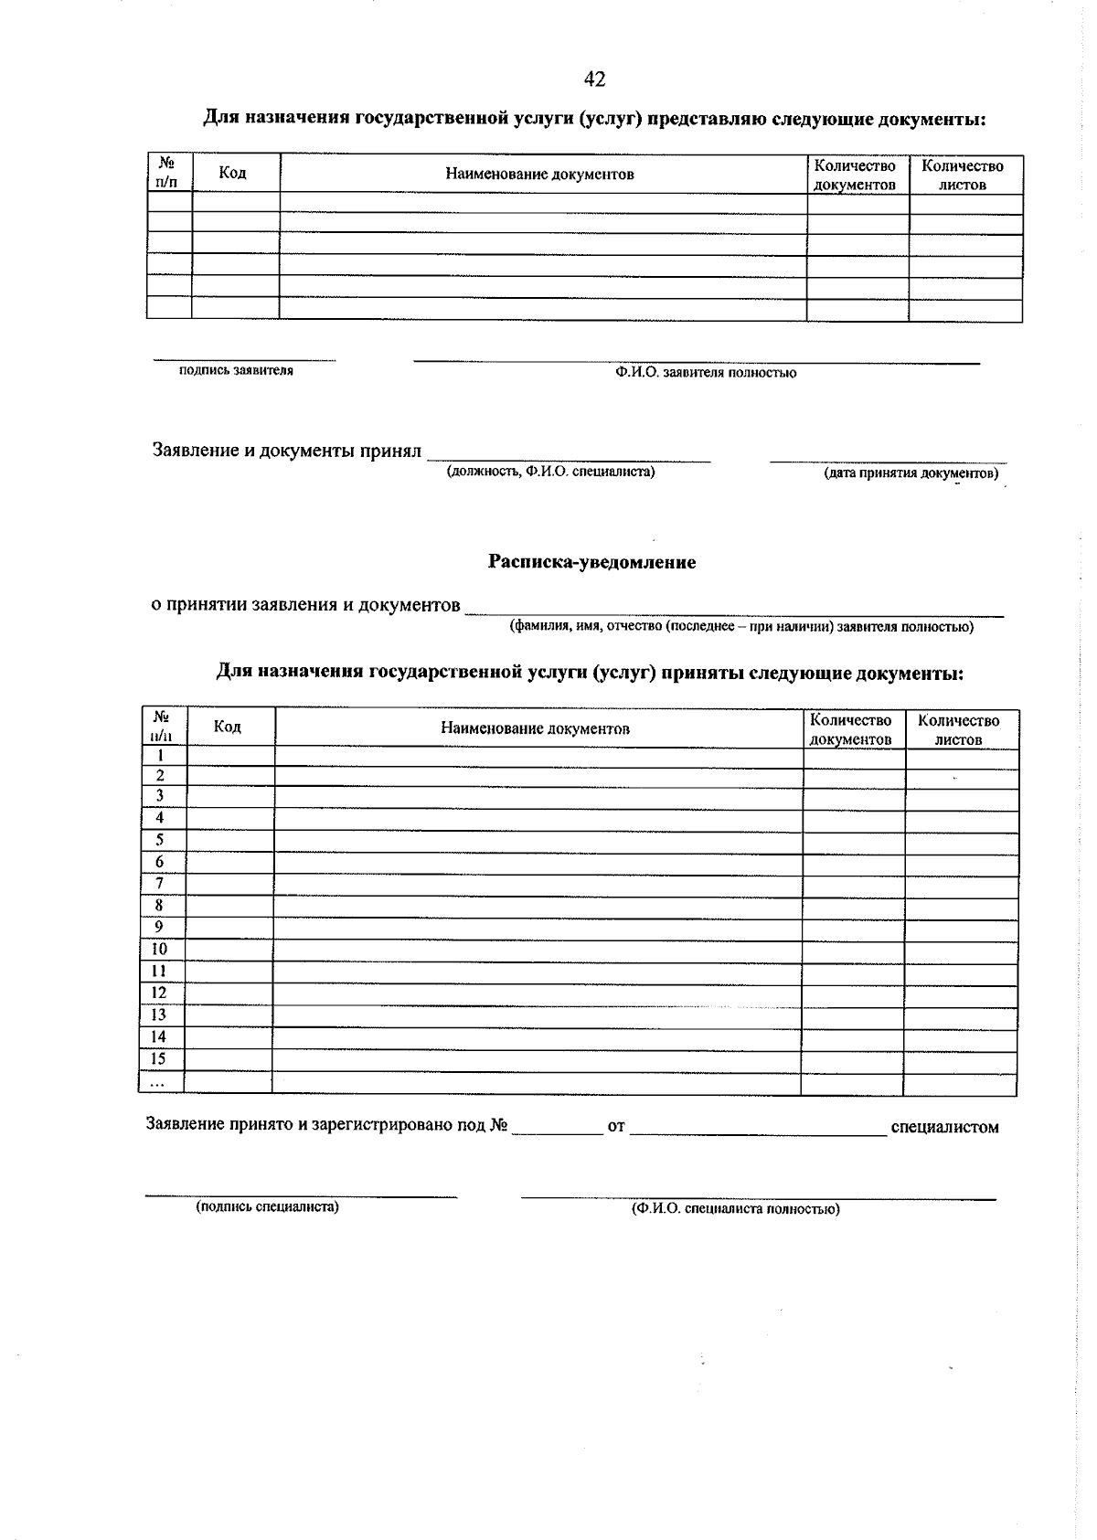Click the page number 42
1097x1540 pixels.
pos(594,80)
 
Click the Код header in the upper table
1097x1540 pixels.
pos(233,173)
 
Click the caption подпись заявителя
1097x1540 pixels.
pos(237,371)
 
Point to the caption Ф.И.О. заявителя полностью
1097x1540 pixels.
pos(705,373)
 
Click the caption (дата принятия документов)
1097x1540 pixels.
pos(911,473)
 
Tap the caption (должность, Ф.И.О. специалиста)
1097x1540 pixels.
pos(550,472)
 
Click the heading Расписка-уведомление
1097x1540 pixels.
pos(591,562)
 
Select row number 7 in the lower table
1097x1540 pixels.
pos(160,884)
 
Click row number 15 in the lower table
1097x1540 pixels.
pos(158,1059)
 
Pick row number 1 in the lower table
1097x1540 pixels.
pos(161,756)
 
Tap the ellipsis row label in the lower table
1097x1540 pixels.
pos(157,1082)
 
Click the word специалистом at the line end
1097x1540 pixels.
pos(944,1127)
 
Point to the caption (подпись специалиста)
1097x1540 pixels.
pos(267,1206)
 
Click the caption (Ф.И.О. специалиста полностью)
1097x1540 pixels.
pos(735,1208)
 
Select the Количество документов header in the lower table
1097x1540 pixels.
pos(850,729)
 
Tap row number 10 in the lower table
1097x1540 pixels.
pos(159,950)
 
